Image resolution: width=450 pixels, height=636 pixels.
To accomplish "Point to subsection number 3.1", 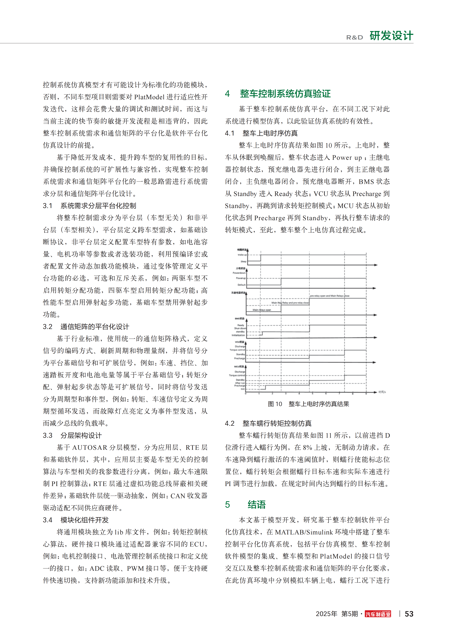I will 47,206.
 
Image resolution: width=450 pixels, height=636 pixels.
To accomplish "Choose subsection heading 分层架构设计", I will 81,435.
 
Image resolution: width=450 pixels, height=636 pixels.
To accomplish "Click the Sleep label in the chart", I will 243,261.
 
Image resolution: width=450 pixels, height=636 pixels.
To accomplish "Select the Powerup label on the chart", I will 241,278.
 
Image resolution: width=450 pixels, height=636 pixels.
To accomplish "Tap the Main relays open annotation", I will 261,310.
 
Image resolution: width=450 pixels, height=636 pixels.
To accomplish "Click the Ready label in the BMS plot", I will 241,325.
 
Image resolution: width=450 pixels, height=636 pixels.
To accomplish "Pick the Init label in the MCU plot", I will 243,389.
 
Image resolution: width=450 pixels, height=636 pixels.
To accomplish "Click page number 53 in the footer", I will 409,614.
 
